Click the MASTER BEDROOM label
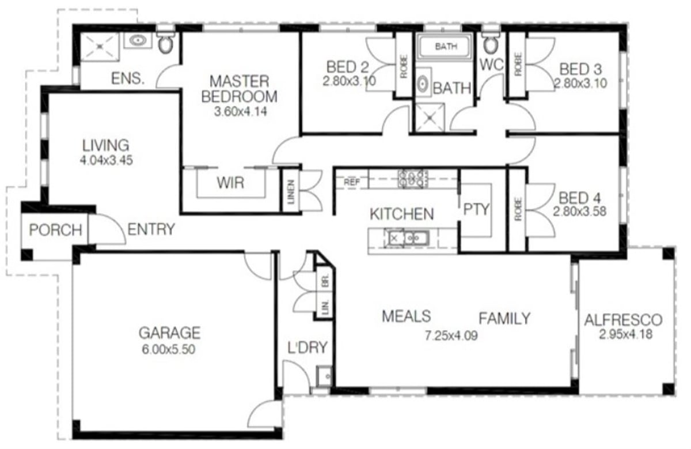(239, 88)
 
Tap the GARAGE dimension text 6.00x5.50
(169, 349)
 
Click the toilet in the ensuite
(165, 42)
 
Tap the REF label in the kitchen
(351, 182)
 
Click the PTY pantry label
(476, 209)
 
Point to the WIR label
(230, 183)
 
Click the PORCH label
(55, 230)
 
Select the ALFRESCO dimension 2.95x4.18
(625, 335)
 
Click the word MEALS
(407, 316)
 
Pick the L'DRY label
(307, 348)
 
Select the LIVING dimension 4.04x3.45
(107, 161)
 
